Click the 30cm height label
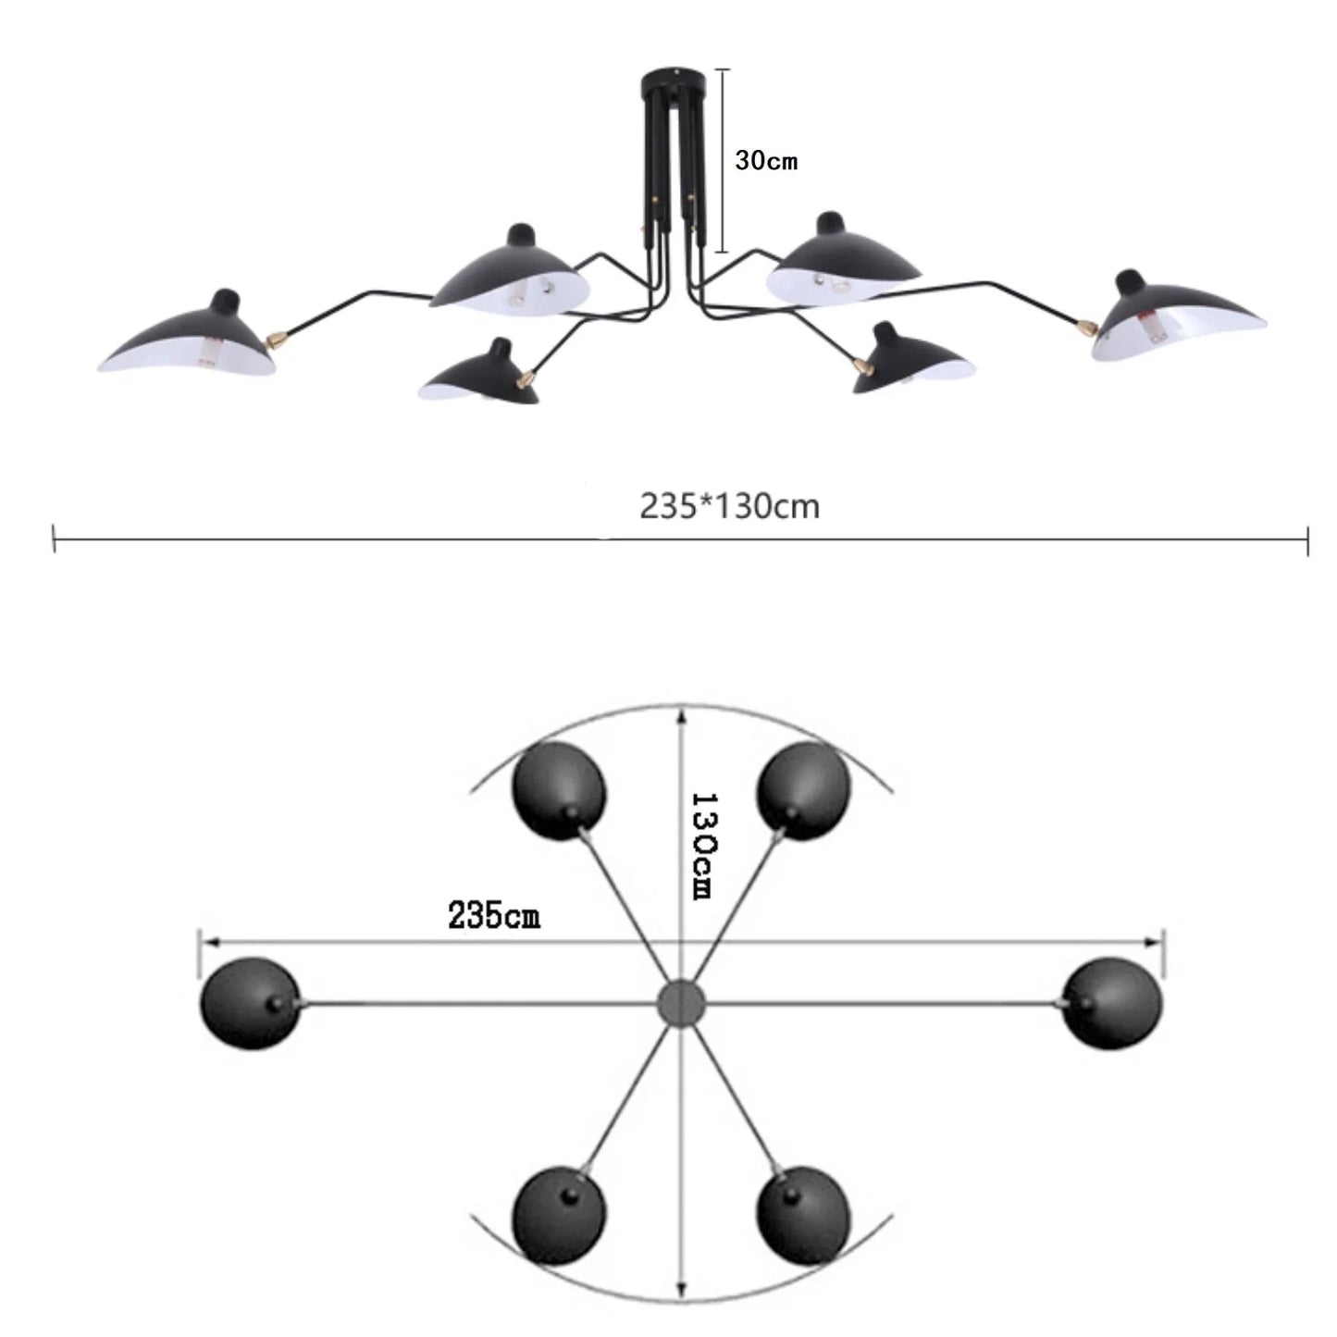tap(765, 161)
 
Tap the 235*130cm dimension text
tap(729, 507)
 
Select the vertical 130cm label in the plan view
tap(702, 844)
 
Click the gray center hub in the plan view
tap(681, 1003)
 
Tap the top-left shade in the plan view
tap(560, 791)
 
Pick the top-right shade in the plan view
tap(802, 791)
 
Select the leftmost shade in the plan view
tap(251, 1004)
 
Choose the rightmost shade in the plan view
tap(1112, 1004)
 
